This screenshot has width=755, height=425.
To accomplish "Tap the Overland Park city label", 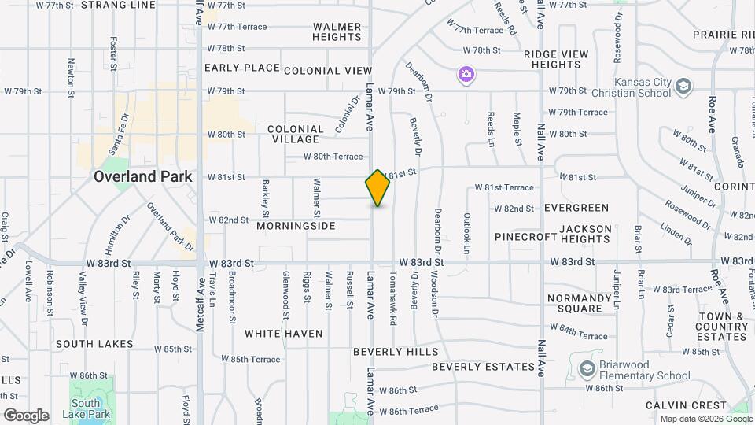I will pos(142,176).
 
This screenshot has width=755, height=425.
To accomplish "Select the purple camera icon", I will pos(466,75).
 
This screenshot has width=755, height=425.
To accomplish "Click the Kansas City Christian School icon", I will pos(683,84).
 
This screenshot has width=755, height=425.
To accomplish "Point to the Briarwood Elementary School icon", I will pos(587,368).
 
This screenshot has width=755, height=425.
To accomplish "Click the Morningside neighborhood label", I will pos(296,226).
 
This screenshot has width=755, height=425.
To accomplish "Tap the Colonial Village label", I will pos(295,134).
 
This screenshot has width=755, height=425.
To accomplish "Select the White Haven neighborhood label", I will pos(283,334).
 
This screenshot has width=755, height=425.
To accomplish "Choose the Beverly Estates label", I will pos(483,367).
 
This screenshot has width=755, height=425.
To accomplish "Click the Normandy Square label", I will pos(574,303).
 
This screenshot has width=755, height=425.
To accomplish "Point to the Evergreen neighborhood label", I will pos(576,208).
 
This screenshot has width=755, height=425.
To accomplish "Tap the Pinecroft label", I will pos(526,236).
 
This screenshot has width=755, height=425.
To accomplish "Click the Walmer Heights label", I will pos(337,31).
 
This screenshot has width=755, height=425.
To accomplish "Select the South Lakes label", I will pos(94,344).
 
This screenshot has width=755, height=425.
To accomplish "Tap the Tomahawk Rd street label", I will pos(392,294).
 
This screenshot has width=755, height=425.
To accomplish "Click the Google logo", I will pos(26,415).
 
